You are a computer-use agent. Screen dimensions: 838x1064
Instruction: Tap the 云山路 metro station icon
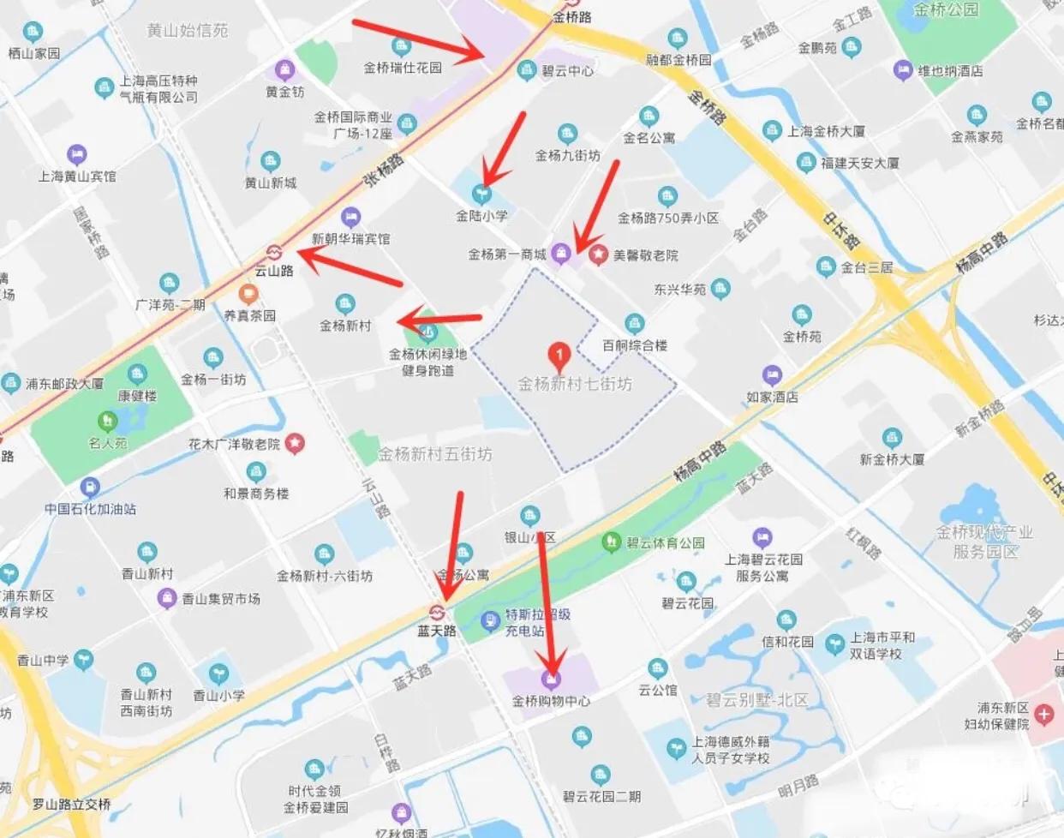[x=274, y=253]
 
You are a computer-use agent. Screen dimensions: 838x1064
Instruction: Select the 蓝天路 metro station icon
[x=436, y=613]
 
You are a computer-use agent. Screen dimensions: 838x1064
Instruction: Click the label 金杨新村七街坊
[x=575, y=384]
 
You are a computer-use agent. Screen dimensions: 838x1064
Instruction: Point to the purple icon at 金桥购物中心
[x=552, y=680]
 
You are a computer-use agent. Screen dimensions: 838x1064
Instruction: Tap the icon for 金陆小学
[x=482, y=195]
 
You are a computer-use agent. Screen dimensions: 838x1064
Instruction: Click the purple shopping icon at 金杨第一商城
[x=560, y=253]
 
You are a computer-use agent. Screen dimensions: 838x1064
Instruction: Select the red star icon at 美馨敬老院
[x=598, y=254]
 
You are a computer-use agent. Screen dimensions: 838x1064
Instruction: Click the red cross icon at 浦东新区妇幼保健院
[x=1043, y=714]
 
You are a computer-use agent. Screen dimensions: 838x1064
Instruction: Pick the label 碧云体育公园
[x=666, y=542]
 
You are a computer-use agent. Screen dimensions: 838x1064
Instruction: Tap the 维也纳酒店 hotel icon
[x=902, y=70]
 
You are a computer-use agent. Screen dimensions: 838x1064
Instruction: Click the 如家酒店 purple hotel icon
[x=772, y=375]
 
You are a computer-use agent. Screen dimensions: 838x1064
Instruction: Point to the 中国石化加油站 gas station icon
[x=89, y=488]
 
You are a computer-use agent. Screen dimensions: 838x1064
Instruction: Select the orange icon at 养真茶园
[x=249, y=296]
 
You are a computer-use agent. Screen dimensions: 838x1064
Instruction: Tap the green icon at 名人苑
[x=107, y=422]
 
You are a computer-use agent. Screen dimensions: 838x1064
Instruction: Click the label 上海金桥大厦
[x=826, y=131]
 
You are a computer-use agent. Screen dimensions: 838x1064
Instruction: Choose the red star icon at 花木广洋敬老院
[x=295, y=444]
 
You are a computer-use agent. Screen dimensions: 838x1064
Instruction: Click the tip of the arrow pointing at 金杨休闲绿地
[x=399, y=323]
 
